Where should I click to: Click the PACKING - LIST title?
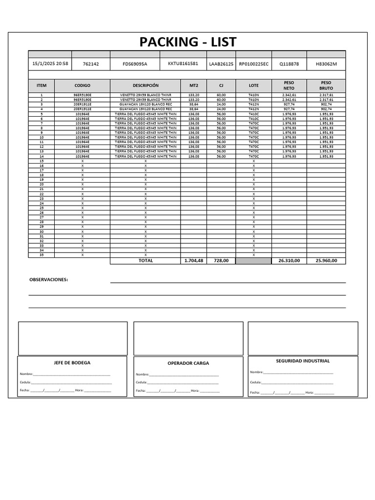187,42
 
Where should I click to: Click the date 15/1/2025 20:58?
50,63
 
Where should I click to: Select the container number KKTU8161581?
183,63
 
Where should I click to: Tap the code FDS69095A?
135,64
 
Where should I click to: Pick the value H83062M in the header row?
326,64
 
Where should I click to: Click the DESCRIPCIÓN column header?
146,85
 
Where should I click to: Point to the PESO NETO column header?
289,85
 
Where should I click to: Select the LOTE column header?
253,85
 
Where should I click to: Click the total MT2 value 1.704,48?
193,261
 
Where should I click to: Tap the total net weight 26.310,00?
289,261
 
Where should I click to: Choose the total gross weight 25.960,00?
326,261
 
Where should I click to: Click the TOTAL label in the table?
146,261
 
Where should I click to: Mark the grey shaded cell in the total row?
253,261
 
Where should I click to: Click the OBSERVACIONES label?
49,280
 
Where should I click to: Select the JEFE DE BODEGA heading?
72,363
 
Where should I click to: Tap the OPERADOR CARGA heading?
187,363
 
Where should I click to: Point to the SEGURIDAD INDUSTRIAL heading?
303,361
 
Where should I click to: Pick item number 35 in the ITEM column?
42,255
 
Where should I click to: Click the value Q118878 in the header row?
289,64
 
